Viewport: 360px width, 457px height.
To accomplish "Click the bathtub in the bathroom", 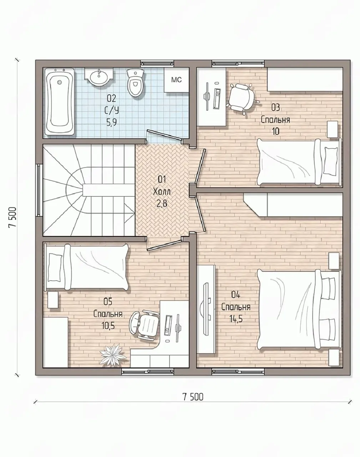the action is coord(60,101).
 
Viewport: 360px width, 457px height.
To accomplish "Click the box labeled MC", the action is coord(177,80).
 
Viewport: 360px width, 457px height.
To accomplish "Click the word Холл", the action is coord(162,192).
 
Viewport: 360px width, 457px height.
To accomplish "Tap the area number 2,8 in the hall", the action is coord(162,204).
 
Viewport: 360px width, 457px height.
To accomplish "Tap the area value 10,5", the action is coord(108,325).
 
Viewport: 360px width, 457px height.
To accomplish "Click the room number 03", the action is coord(275,108).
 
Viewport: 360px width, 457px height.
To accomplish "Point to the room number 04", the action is coord(235,295).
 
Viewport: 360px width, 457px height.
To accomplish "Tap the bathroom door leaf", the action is coord(165,135).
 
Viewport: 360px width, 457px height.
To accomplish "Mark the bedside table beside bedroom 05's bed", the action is coord(53,300).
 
